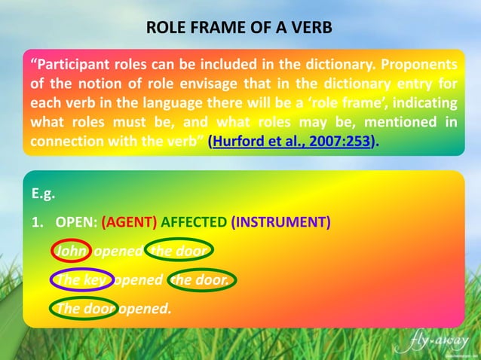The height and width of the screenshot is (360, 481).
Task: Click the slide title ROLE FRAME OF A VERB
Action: [239, 29]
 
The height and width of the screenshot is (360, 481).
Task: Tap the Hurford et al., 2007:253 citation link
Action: [293, 141]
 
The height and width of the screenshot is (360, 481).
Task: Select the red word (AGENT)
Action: [129, 222]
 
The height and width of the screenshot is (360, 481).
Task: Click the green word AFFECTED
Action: [194, 222]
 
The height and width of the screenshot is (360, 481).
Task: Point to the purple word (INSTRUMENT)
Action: [280, 222]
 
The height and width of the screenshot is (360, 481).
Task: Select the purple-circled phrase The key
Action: [81, 279]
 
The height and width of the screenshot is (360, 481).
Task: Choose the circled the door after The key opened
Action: [201, 279]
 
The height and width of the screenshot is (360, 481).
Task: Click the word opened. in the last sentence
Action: [145, 308]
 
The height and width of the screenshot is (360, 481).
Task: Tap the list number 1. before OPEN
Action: [36, 222]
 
